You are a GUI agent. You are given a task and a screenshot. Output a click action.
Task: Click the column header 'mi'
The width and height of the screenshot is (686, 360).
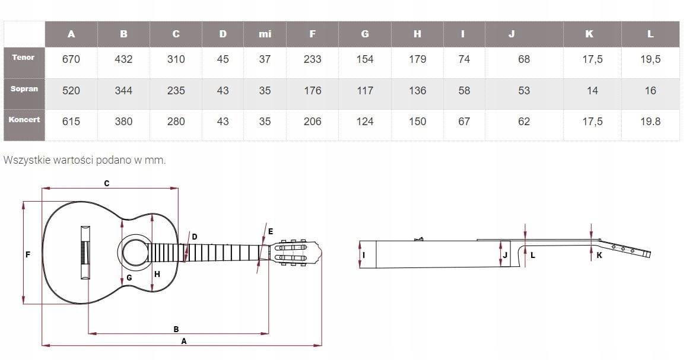coord(265,34)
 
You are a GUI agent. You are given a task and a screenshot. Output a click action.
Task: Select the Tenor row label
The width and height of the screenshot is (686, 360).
coord(23,58)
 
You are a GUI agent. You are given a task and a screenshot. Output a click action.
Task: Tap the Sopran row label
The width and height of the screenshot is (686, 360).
coord(24,89)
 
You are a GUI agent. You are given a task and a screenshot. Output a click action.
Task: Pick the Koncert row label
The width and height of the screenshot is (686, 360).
coord(24,119)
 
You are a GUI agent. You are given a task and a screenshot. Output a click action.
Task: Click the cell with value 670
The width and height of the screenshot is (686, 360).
coord(71,59)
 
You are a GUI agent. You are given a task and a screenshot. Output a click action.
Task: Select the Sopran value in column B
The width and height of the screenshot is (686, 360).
coord(123,91)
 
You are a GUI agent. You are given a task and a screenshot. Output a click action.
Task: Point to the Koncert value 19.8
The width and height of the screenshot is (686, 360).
coord(650,122)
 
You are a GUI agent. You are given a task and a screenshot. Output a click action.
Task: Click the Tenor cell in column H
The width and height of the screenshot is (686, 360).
coord(417,59)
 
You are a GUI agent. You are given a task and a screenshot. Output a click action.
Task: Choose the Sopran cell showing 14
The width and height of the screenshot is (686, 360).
coord(592,91)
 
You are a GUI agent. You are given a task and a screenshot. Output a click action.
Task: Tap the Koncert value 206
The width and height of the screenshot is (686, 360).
coord(312,122)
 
